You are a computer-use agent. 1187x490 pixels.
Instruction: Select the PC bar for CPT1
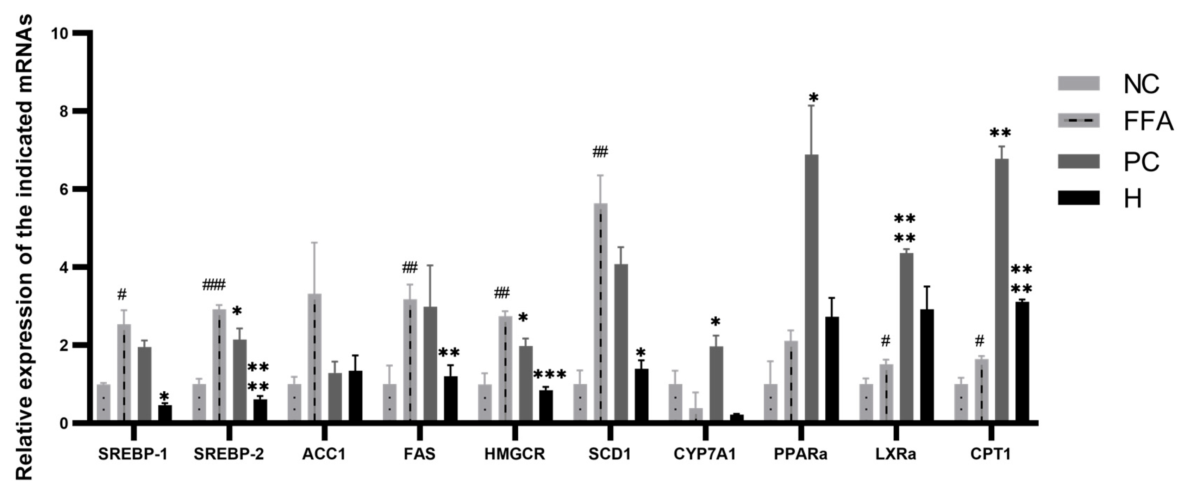[1002, 290]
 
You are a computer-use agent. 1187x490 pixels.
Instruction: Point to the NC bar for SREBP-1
[103, 403]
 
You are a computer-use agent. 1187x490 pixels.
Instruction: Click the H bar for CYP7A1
[737, 418]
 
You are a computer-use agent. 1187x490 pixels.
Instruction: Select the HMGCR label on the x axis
[515, 454]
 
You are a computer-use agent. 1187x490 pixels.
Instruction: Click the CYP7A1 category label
[705, 454]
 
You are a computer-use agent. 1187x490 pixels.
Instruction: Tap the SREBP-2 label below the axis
[229, 454]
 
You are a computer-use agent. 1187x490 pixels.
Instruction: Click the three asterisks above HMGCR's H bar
[549, 375]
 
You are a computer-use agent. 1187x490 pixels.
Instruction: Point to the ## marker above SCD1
[600, 152]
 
